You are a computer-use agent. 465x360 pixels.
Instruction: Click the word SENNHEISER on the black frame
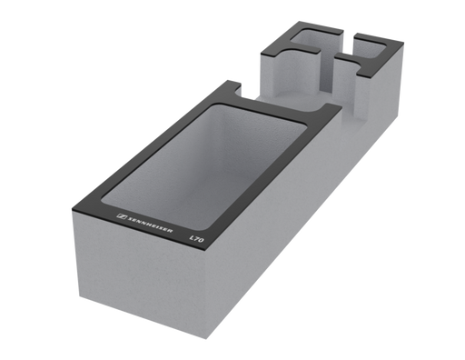[150, 225]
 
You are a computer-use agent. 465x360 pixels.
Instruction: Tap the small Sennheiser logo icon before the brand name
[122, 216]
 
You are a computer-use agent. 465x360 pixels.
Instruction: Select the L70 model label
[196, 239]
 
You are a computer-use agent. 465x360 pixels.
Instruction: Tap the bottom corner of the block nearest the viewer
[206, 339]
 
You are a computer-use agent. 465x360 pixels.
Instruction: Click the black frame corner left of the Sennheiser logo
[73, 209]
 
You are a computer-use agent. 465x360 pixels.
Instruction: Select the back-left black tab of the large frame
[234, 85]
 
